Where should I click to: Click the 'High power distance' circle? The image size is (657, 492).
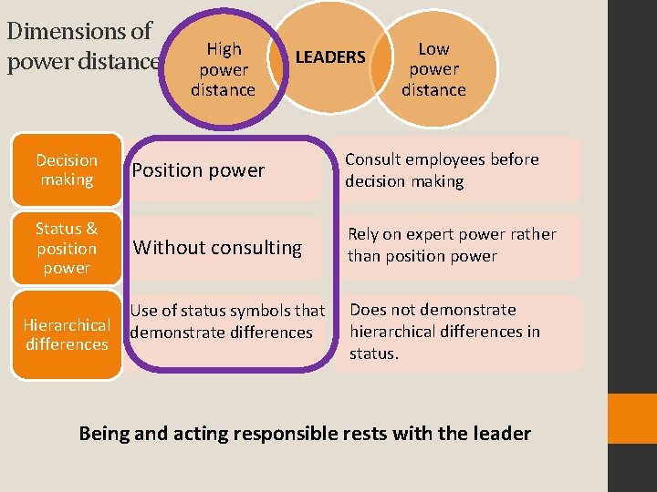click(223, 69)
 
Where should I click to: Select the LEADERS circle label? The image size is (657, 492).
click(330, 57)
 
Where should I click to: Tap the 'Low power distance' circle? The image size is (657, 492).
click(433, 69)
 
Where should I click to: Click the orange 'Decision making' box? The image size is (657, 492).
click(67, 170)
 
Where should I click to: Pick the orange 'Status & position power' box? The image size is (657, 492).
click(67, 248)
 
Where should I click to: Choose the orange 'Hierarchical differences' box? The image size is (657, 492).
click(67, 334)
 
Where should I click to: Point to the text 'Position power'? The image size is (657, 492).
click(198, 170)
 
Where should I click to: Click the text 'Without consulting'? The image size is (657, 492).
click(217, 247)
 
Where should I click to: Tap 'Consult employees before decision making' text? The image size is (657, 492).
click(442, 170)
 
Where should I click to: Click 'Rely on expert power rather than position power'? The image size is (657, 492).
click(451, 245)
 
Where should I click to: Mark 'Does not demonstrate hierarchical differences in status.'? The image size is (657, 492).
click(444, 332)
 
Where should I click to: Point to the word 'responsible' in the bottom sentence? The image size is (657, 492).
click(283, 433)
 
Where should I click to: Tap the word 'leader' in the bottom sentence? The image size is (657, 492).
click(501, 433)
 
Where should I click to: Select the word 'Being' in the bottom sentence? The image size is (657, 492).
click(104, 433)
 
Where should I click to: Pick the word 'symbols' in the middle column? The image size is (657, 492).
click(260, 312)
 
